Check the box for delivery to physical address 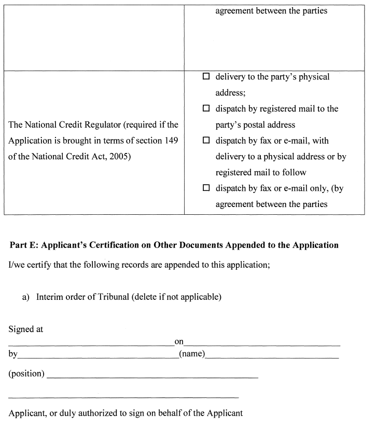(206, 77)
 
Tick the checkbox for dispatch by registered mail (206, 109)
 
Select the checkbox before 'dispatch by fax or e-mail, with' (206, 141)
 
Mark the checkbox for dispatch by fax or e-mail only (206, 188)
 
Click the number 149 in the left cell (170, 141)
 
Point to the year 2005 (119, 157)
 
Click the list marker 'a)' (26, 297)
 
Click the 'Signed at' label (26, 329)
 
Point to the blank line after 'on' (262, 345)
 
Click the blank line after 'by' (98, 357)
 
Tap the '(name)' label (192, 354)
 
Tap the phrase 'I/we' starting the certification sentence (16, 265)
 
